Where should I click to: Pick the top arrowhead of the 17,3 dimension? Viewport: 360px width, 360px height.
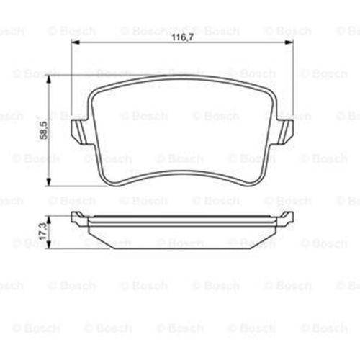(x=50, y=214)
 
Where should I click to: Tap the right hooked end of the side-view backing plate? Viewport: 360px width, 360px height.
(x=289, y=216)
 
